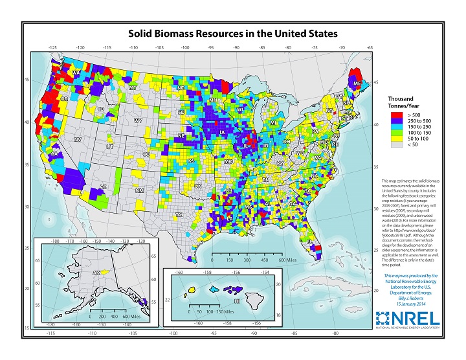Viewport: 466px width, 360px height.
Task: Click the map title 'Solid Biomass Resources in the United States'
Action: click(232, 32)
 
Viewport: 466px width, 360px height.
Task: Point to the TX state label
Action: click(179, 214)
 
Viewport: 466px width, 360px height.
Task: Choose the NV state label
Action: click(78, 140)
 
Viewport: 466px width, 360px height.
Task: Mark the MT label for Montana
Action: click(132, 87)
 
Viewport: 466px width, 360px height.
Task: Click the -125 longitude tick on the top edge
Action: click(52, 47)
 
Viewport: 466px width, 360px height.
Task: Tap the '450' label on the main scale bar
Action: click(266, 260)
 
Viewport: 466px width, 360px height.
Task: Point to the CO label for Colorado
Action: click(146, 154)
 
